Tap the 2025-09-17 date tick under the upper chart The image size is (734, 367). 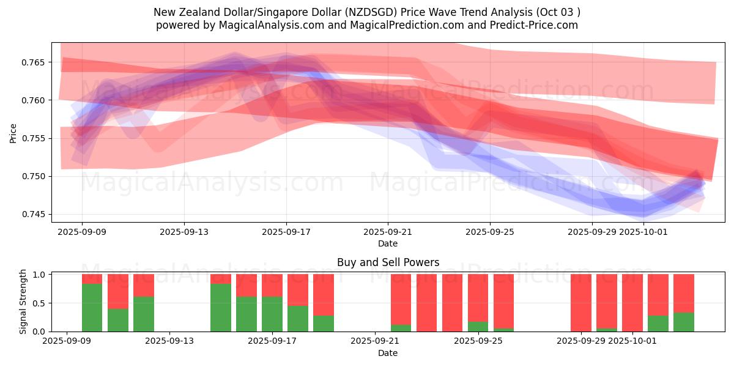(286, 232)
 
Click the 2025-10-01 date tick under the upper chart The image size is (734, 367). (643, 232)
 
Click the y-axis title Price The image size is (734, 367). (13, 133)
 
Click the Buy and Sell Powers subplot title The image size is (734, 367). (388, 262)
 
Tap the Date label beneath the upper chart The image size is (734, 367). (388, 243)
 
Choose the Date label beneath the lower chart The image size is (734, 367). (388, 353)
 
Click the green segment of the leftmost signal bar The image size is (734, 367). (92, 308)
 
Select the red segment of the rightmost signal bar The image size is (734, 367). (684, 293)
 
